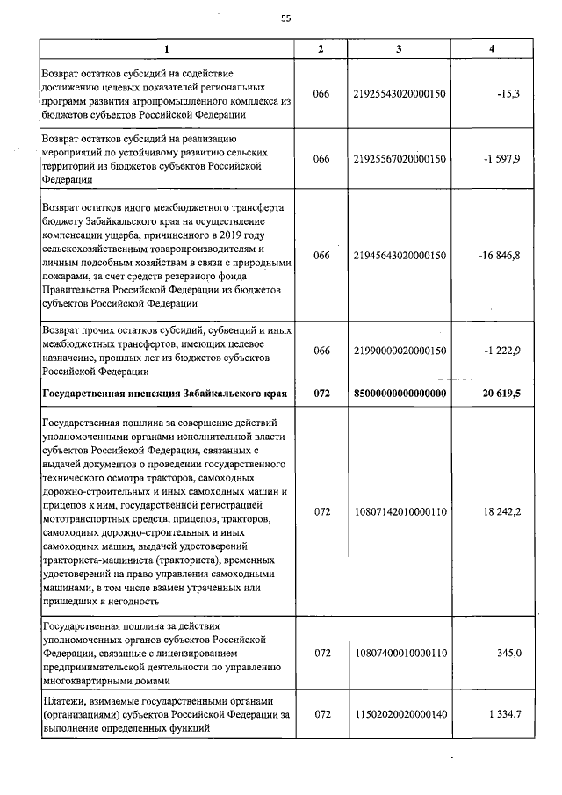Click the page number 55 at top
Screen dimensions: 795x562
(285, 18)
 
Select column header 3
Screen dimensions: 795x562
(400, 47)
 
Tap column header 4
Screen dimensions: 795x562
(492, 47)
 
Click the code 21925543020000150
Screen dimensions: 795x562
(400, 93)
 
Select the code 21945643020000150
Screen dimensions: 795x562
(400, 255)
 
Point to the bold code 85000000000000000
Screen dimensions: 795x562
(400, 394)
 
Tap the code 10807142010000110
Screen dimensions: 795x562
(400, 510)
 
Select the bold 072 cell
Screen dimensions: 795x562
(321, 394)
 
